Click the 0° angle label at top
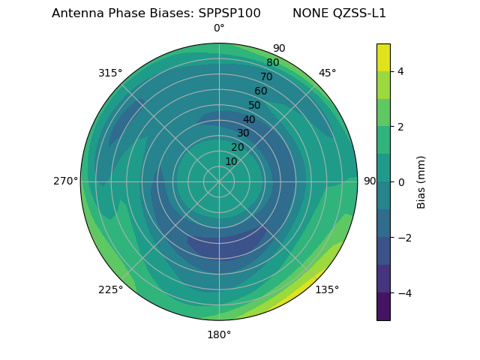219,28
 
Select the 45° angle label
327,73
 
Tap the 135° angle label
327,289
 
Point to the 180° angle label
219,334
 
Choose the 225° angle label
110,289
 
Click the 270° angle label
65,181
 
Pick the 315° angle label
110,73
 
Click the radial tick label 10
231,162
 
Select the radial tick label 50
255,106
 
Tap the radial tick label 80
273,63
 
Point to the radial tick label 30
243,133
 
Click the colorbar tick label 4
400,71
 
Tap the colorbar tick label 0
400,182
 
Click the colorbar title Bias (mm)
421,182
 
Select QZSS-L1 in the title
360,13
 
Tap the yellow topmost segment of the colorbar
383,57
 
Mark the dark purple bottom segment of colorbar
383,307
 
